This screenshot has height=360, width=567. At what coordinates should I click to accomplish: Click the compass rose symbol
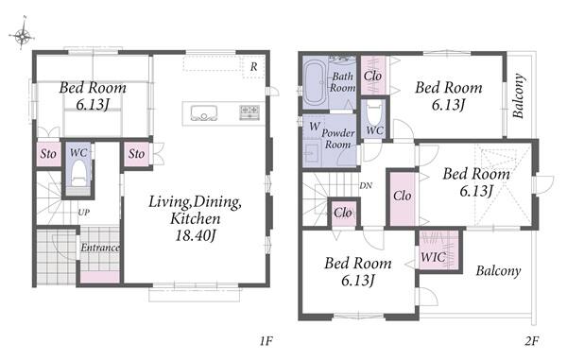click(22, 34)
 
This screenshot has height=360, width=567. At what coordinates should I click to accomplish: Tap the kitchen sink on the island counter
click(203, 113)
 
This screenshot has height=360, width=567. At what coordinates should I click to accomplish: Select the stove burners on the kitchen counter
click(249, 112)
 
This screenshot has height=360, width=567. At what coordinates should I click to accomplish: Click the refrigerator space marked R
click(253, 67)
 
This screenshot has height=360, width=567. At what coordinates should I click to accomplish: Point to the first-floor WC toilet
click(78, 174)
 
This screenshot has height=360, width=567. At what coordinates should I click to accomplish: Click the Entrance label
click(100, 248)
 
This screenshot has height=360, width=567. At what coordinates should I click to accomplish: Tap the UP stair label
click(83, 213)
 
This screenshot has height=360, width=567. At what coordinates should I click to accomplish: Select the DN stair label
click(366, 186)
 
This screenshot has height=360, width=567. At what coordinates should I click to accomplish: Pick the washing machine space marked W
click(314, 127)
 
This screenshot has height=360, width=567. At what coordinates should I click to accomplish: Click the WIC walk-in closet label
click(433, 257)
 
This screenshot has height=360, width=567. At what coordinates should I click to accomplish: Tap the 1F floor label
click(266, 341)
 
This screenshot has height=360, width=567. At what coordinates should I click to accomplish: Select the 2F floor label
click(532, 341)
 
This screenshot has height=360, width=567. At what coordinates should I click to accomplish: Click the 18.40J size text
click(196, 235)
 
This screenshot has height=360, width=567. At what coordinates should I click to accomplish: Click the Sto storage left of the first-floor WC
click(48, 154)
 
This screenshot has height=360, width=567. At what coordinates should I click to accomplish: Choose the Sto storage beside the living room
click(136, 154)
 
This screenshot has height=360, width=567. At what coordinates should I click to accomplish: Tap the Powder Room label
click(338, 139)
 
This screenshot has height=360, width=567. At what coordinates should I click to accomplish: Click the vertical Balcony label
click(519, 95)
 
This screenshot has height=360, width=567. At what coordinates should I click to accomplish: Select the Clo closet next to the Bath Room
click(373, 76)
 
